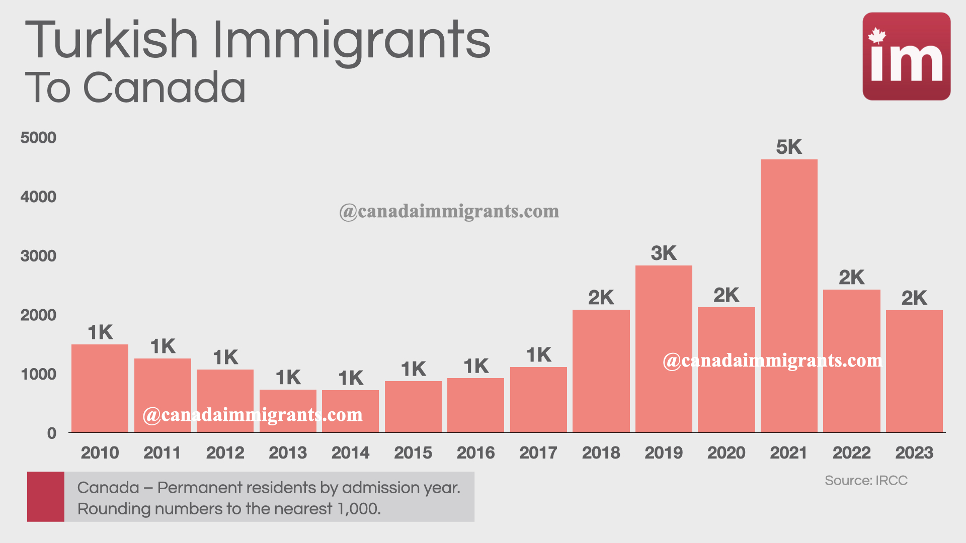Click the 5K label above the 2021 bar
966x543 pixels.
coord(788,147)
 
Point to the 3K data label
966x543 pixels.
coord(663,253)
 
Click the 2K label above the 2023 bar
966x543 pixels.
coord(914,298)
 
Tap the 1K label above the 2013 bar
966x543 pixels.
coord(288,378)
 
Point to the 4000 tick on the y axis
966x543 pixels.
coord(38,197)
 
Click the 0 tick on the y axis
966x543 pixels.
coord(51,433)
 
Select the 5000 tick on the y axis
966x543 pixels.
coord(38,138)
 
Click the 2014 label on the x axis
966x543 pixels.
coord(350,452)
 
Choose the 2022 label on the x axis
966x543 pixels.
coord(851,452)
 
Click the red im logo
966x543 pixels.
coord(906,56)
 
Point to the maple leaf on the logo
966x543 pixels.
coord(877,36)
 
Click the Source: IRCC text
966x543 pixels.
coord(866,481)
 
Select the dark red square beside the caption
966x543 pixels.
coord(46,496)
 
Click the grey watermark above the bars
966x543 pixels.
coord(449,212)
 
